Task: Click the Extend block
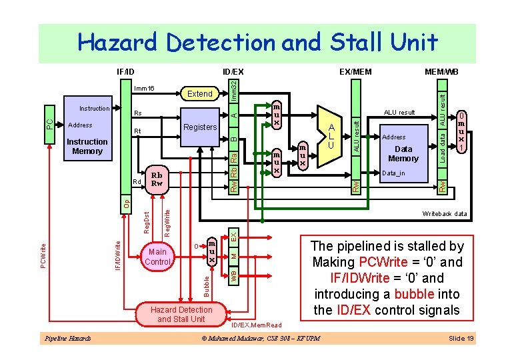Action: [200, 94]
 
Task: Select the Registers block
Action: [200, 127]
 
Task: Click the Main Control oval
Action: [158, 257]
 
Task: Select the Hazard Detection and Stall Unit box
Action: [181, 314]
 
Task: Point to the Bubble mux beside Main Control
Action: [211, 251]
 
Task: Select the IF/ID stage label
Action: [125, 71]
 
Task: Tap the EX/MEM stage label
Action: [355, 71]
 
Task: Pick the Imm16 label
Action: [144, 88]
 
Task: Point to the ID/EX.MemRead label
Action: [256, 325]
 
